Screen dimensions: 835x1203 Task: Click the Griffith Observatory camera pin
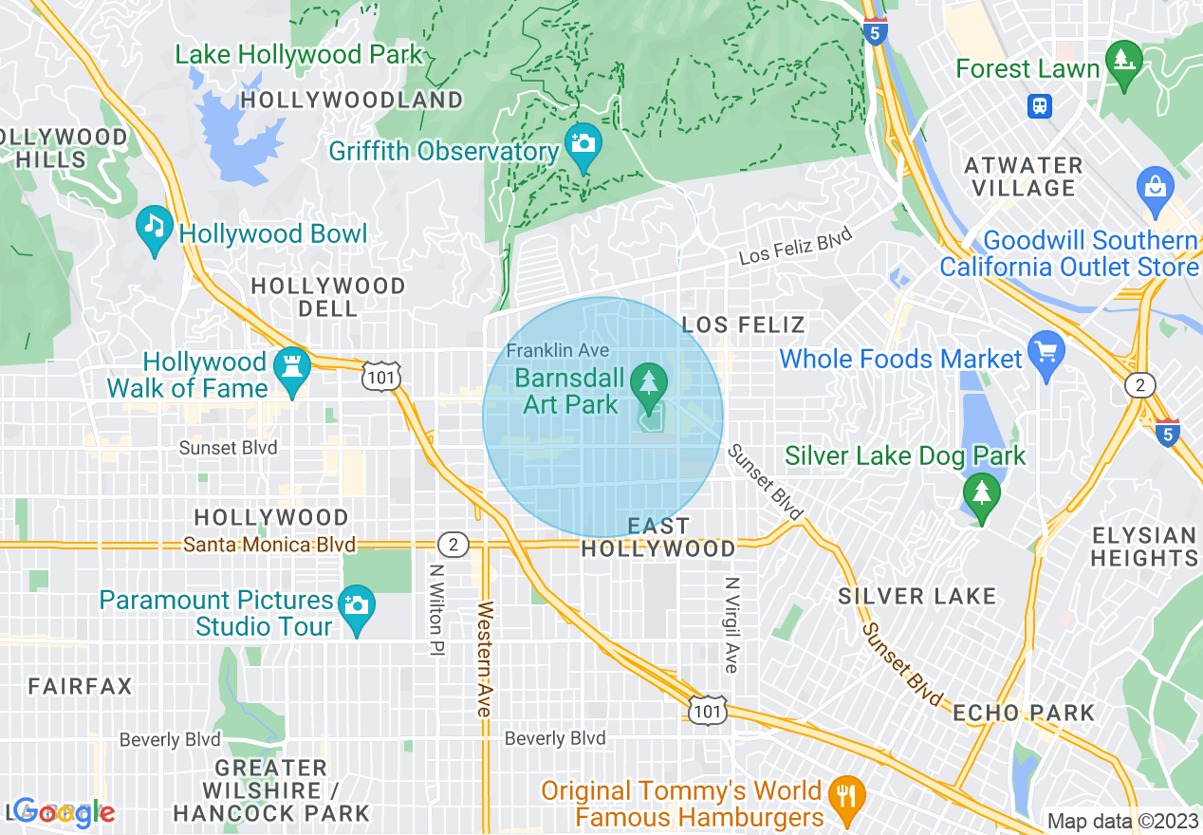[x=583, y=144]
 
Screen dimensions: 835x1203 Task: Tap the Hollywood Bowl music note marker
[x=154, y=227]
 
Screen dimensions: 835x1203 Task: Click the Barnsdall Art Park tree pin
[x=650, y=384]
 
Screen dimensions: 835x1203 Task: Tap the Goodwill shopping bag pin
[x=1155, y=186]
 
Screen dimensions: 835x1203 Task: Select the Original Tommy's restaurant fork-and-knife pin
[x=843, y=796]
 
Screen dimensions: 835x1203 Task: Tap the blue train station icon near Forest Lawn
[x=1040, y=105]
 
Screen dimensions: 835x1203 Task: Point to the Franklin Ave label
[x=558, y=350]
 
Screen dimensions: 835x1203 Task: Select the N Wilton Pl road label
[x=436, y=611]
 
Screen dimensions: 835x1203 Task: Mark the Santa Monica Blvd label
[x=269, y=545]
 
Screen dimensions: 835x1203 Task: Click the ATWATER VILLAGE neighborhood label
[x=1024, y=176]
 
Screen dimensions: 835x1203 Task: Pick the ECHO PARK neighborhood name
[x=1024, y=713]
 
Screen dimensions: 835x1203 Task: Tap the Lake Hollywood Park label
[x=298, y=55]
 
